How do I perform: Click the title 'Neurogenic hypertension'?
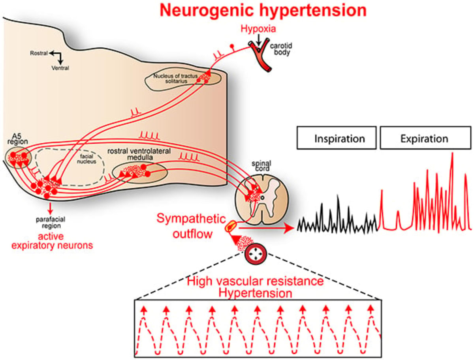pos(263,11)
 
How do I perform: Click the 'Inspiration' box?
pos(336,139)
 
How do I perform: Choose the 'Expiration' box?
pos(424,139)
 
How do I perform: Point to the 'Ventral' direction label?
pos(60,68)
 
